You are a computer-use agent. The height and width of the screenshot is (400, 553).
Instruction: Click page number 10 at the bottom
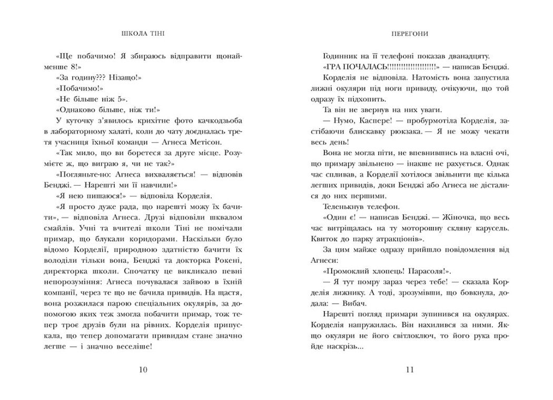click(143, 369)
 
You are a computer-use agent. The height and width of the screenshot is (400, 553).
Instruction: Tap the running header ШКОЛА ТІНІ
click(142, 33)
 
